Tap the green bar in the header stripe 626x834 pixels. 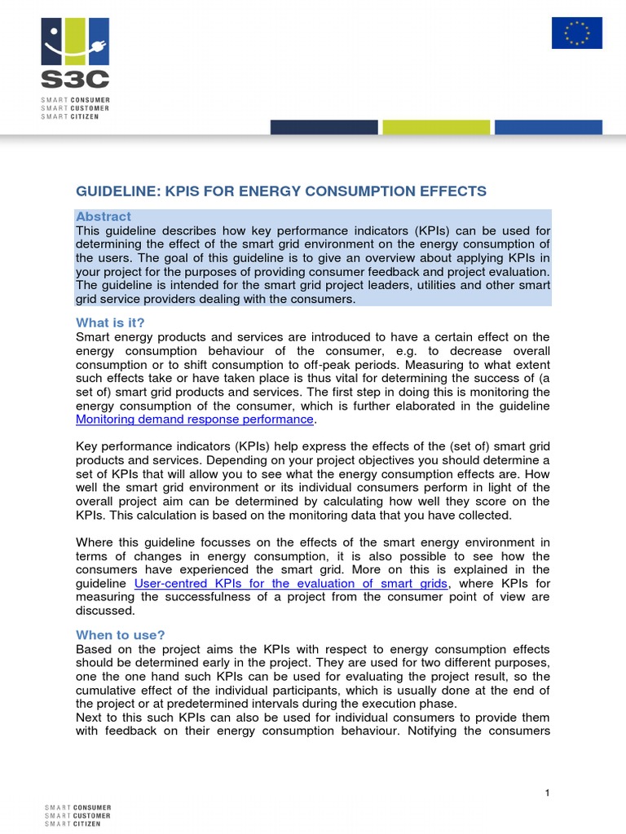point(435,127)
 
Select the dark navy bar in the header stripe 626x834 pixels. point(324,127)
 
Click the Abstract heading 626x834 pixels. point(103,217)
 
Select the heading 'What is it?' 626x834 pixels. point(109,323)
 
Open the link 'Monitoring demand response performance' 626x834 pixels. point(194,419)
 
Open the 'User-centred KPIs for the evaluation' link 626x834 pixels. point(291,583)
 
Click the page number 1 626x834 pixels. point(549,793)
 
